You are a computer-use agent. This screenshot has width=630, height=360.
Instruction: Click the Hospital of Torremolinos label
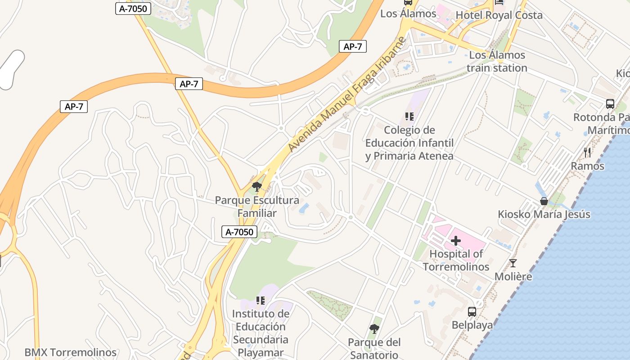[x=455, y=260]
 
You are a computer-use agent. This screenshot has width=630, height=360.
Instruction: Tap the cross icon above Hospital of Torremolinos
[x=456, y=241]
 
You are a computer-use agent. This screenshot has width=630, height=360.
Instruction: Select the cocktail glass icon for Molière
[x=513, y=263]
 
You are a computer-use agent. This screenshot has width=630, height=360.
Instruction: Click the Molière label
[x=513, y=276]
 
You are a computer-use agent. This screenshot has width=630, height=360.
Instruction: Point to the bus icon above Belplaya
[x=472, y=311]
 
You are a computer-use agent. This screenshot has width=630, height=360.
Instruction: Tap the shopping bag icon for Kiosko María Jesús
[x=544, y=201]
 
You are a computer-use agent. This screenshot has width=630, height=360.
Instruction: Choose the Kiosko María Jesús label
[x=544, y=214]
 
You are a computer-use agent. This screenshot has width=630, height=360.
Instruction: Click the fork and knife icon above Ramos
[x=587, y=153]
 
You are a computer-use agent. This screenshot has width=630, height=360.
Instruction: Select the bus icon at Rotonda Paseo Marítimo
[x=610, y=104]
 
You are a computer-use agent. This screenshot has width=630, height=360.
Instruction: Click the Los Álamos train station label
[x=497, y=62]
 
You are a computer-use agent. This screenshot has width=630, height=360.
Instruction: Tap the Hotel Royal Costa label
[x=499, y=15]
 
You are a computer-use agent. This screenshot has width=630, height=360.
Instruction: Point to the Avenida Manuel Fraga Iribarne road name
[x=346, y=94]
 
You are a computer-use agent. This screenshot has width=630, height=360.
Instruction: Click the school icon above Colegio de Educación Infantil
[x=409, y=117]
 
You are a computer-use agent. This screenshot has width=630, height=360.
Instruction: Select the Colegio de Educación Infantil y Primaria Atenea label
[x=409, y=143]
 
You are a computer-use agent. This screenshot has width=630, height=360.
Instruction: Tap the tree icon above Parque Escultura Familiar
[x=257, y=187]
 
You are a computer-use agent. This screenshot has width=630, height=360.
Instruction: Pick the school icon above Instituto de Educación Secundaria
[x=260, y=300]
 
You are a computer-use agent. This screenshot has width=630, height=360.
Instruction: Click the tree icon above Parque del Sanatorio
[x=374, y=329]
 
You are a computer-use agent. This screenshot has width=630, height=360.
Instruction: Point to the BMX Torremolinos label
[x=71, y=352]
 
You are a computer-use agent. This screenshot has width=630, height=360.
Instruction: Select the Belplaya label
[x=472, y=325]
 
